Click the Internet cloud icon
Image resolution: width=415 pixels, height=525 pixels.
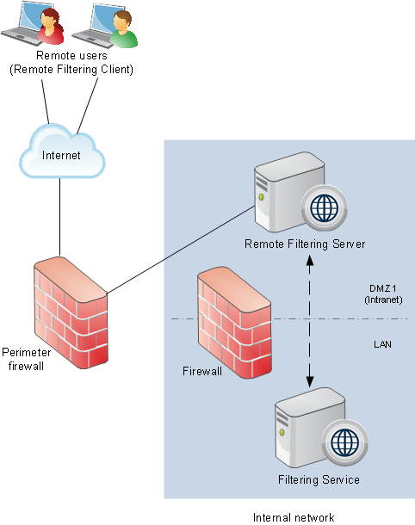[x=62, y=151]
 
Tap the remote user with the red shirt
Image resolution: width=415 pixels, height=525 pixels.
[x=50, y=27]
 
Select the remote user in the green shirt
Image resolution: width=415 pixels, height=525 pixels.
[x=124, y=28]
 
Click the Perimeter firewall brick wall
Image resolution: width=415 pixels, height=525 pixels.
[x=71, y=312]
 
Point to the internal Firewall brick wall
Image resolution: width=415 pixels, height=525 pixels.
[x=234, y=323]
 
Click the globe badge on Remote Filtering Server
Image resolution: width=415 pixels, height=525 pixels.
[x=324, y=208]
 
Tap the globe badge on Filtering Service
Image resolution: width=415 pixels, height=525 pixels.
[x=344, y=442]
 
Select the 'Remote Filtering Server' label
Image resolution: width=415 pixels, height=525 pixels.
[x=305, y=244]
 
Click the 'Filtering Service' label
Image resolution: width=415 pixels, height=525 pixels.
[x=319, y=479]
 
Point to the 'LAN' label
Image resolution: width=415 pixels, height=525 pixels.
[x=382, y=344]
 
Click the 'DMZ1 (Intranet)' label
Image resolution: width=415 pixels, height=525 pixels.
[x=383, y=293]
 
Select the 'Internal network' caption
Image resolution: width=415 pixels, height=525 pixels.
[x=294, y=517]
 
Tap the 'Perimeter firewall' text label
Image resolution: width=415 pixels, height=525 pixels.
[x=26, y=359]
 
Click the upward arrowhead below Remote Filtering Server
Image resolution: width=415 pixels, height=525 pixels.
[x=310, y=260]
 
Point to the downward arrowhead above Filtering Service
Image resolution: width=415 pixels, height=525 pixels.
[x=310, y=382]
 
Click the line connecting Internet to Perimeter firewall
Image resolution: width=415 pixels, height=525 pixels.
[x=60, y=217]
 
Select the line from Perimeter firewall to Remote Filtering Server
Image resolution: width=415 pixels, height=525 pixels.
[x=181, y=250]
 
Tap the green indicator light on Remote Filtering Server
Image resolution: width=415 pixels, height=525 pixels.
[x=261, y=197]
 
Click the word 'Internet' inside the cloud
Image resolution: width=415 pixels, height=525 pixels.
[x=61, y=155]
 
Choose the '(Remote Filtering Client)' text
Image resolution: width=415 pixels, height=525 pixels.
[x=71, y=70]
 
